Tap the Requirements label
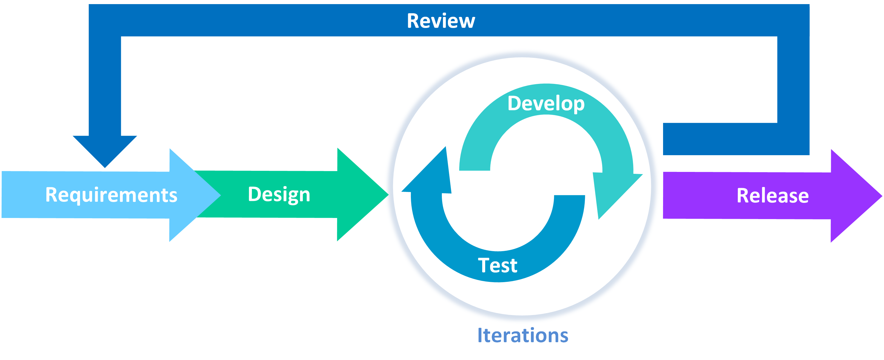111,195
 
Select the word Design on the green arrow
279,194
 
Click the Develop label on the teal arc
546,104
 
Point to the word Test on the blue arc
497,265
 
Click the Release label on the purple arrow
772,195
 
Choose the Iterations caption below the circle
523,335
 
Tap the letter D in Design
255,194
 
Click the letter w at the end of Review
466,22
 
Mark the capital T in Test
484,265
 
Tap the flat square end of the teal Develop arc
474,166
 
